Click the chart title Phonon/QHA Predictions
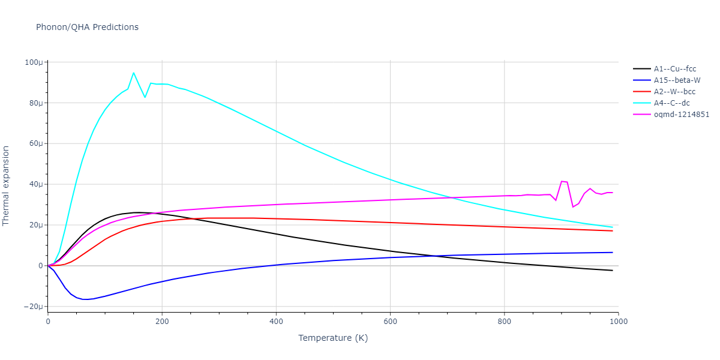click(87, 27)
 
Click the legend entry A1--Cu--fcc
click(674, 69)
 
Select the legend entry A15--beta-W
click(677, 80)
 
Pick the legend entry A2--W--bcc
click(674, 92)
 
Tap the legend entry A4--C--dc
click(672, 103)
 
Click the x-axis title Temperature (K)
click(333, 338)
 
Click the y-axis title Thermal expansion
click(7, 185)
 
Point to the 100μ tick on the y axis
click(34, 62)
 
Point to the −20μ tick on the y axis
click(32, 307)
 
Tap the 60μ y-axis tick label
click(35, 143)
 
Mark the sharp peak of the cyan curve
click(133, 73)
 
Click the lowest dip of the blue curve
click(85, 299)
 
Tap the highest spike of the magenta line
click(562, 181)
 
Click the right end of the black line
click(612, 271)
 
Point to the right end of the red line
click(612, 231)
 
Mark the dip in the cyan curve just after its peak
click(145, 97)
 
